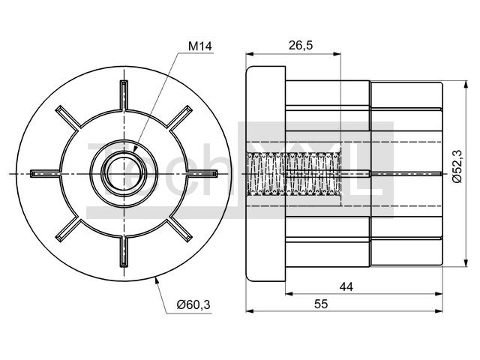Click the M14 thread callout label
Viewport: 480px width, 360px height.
tap(200, 46)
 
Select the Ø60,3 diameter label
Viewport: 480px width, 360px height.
tap(193, 304)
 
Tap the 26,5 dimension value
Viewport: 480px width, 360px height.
tap(301, 45)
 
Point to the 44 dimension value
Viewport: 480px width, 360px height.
tap(346, 286)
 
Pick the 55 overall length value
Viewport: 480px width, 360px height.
tap(321, 304)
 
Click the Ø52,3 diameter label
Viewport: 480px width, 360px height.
tap(458, 166)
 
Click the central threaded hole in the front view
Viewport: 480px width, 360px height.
tap(124, 173)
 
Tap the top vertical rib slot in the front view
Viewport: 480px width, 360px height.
tap(124, 95)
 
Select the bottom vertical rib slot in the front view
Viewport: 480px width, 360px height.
tap(124, 252)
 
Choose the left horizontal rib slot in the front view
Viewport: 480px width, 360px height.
tap(45, 173)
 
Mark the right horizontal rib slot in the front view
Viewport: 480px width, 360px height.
tap(202, 173)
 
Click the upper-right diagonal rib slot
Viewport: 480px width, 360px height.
tap(180, 118)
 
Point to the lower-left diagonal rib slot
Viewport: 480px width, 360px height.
tap(68, 229)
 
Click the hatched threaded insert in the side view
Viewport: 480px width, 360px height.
tap(294, 173)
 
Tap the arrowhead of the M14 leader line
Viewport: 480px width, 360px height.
tap(136, 148)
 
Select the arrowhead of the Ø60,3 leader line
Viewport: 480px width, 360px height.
tap(157, 280)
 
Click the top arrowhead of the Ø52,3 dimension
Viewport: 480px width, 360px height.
tap(466, 85)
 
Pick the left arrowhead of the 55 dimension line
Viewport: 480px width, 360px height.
tap(250, 311)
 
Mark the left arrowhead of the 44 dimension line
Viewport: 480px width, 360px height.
tap(289, 294)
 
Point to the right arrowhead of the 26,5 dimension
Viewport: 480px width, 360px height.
tap(337, 54)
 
